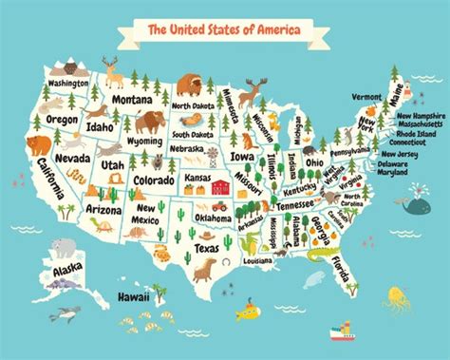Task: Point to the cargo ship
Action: click(339, 332)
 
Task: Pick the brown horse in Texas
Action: click(204, 271)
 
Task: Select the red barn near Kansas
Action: click(221, 187)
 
